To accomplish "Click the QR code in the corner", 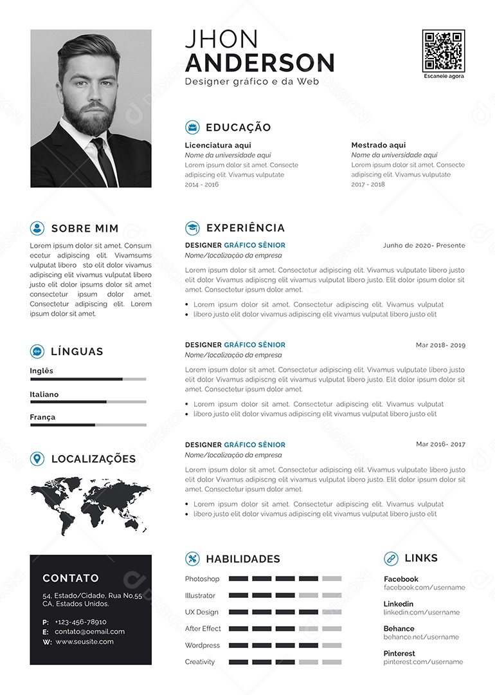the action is click(x=443, y=50).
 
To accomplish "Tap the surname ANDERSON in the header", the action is click(x=260, y=63).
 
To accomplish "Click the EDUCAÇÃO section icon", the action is click(x=192, y=127).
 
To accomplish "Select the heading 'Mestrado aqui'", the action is click(x=379, y=145).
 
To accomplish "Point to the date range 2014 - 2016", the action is click(x=202, y=184).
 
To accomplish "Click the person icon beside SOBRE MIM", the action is click(x=37, y=228).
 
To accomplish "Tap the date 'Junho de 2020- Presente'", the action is click(x=424, y=245).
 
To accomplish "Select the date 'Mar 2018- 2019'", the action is click(x=440, y=345).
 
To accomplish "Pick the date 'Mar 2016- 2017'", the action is click(x=440, y=444).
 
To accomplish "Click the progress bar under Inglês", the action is click(x=87, y=379).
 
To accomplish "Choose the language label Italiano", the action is click(x=44, y=394).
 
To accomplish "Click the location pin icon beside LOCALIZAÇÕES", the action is click(x=37, y=458).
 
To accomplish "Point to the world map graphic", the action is click(x=90, y=505).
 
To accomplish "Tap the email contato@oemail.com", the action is click(x=89, y=632).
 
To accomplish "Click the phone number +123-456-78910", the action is click(x=80, y=622).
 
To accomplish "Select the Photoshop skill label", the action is click(x=202, y=579).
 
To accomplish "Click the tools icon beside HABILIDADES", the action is click(x=192, y=559).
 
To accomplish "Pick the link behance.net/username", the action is click(x=421, y=637).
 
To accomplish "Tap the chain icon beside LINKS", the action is click(x=391, y=559).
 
